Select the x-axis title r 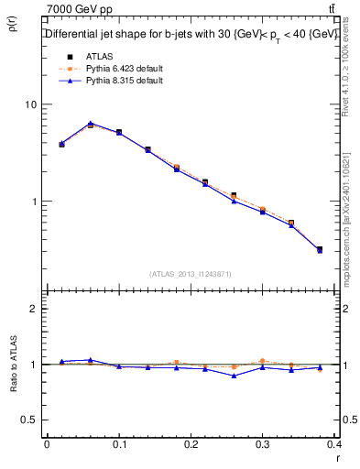pyautogui.click(x=338, y=457)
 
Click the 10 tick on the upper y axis pyautogui.click(x=30, y=104)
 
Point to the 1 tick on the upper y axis pyautogui.click(x=34, y=202)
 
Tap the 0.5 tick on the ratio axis pyautogui.click(x=28, y=420)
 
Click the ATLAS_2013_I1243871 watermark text pyautogui.click(x=191, y=274)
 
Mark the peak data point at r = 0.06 pyautogui.click(x=90, y=124)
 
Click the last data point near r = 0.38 pyautogui.click(x=319, y=249)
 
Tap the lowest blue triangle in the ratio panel pyautogui.click(x=235, y=376)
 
